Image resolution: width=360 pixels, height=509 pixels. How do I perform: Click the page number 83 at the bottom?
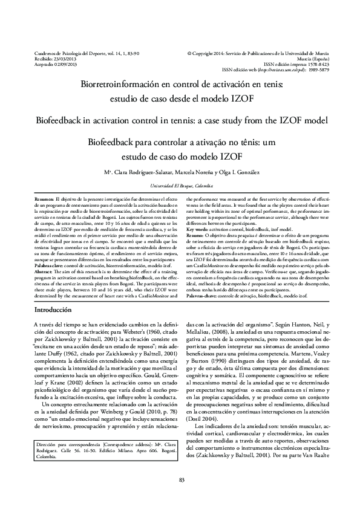pyautogui.click(x=180, y=481)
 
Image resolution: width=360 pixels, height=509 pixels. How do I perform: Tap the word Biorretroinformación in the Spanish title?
pyautogui.click(x=126, y=86)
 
